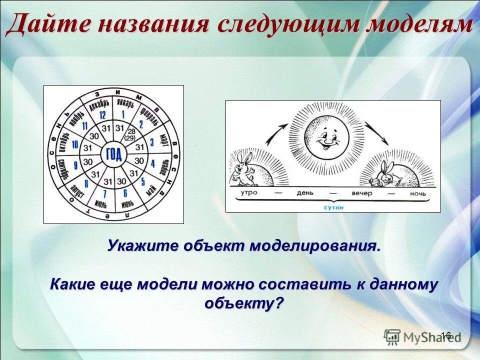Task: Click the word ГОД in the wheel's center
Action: [114, 154]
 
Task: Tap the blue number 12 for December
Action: [102, 115]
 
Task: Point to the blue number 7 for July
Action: [104, 193]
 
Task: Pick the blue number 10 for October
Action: [75, 144]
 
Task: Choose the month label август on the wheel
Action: [78, 190]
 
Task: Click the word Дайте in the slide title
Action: [47, 25]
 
